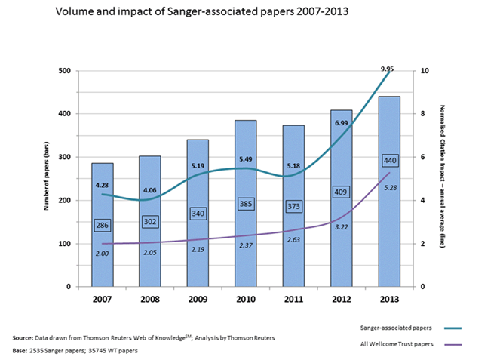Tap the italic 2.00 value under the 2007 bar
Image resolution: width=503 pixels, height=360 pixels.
click(103, 254)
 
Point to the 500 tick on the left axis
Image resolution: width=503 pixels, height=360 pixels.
click(66, 71)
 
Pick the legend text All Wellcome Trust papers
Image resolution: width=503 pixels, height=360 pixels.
click(397, 344)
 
